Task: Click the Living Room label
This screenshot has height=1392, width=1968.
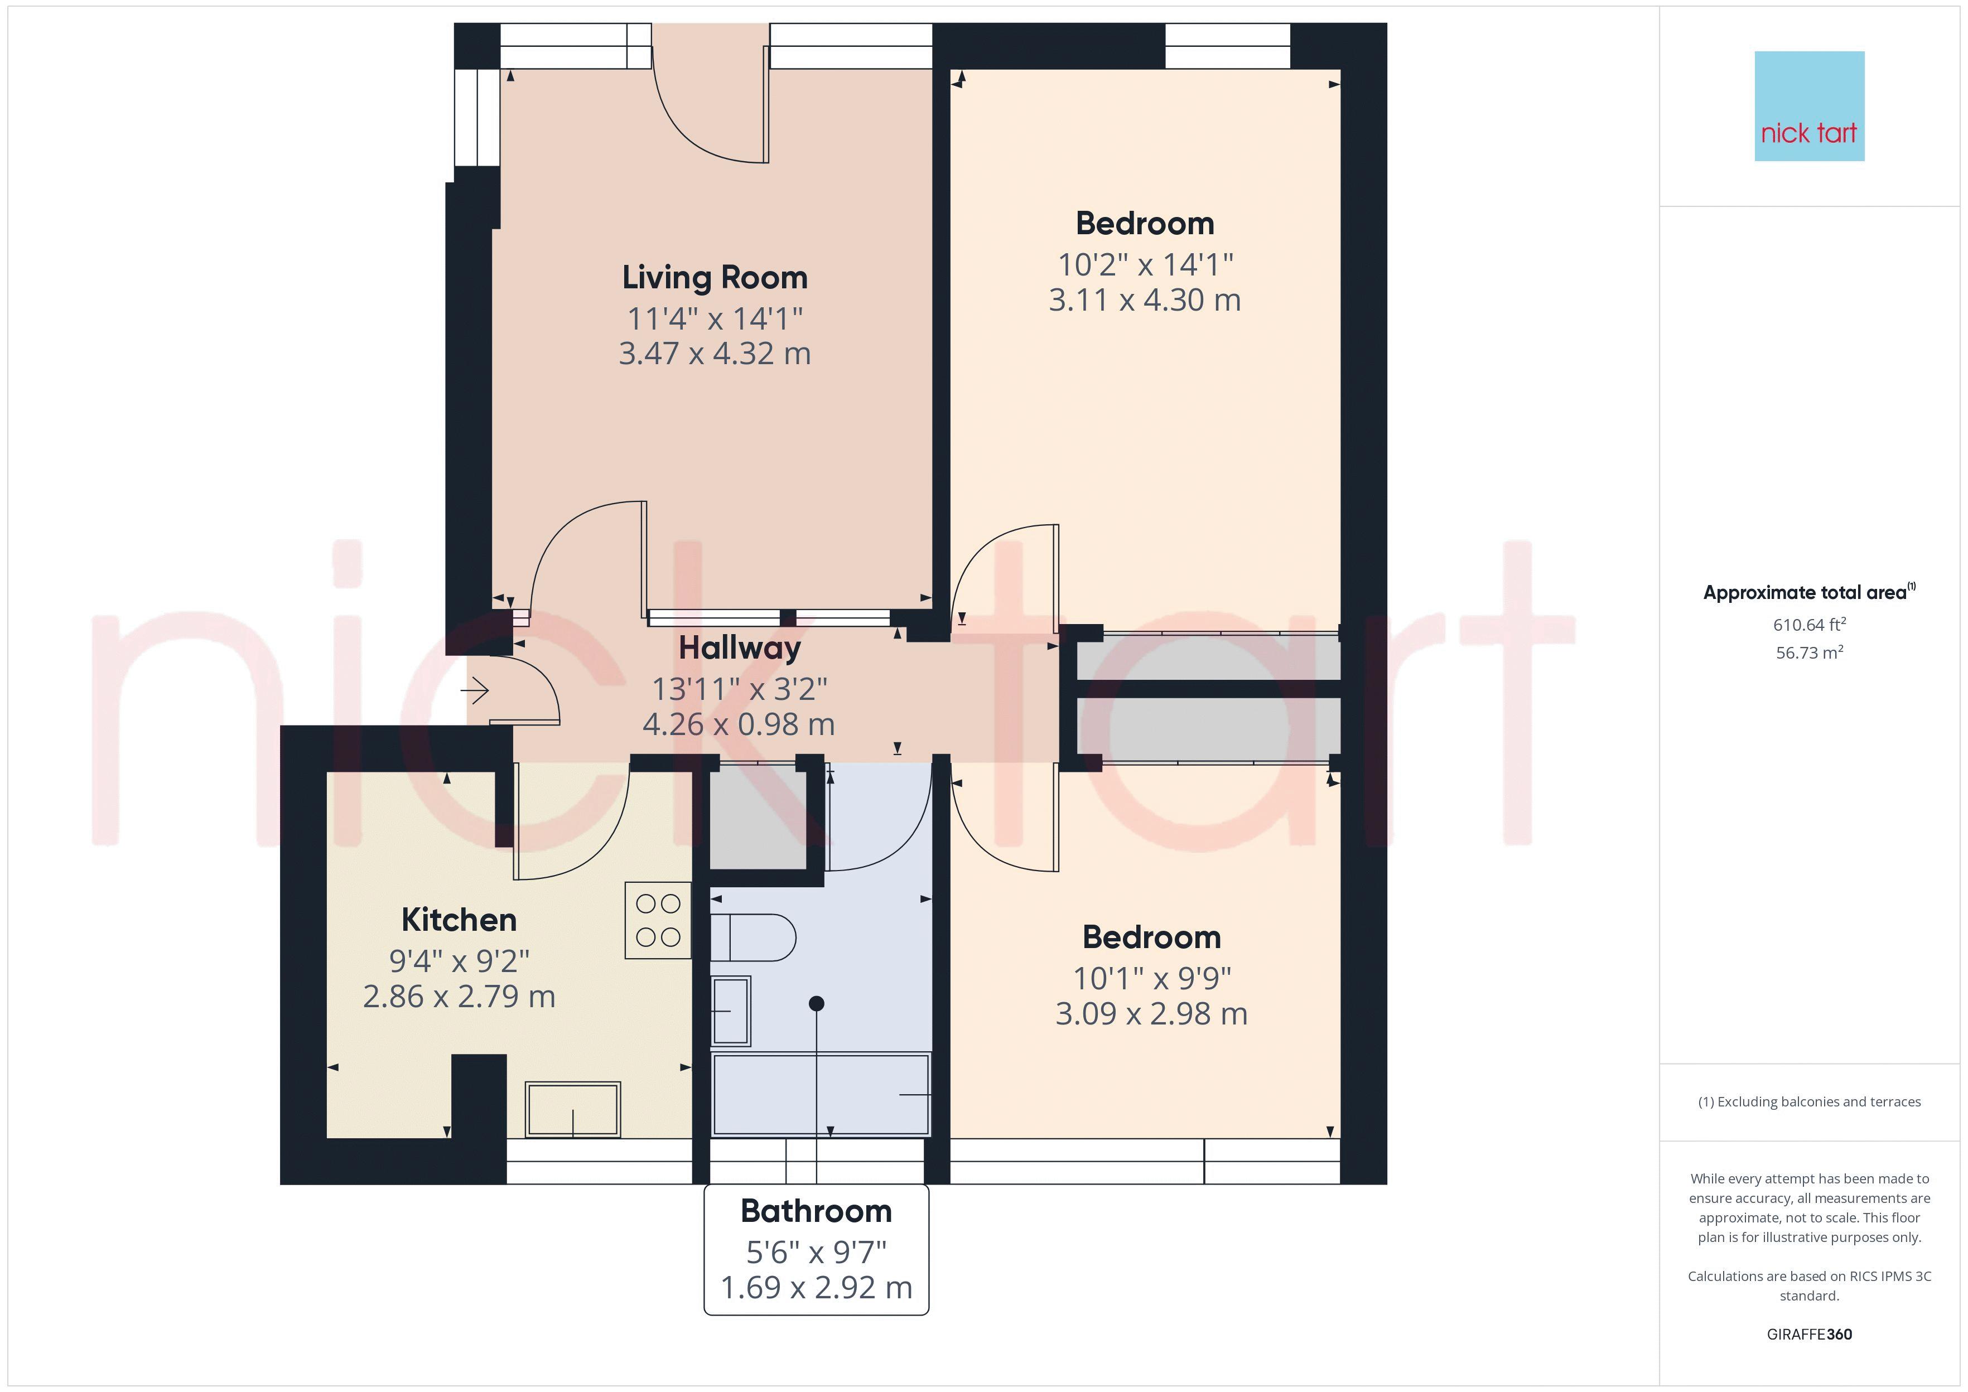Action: (x=715, y=278)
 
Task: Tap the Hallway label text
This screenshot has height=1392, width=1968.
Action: (x=740, y=648)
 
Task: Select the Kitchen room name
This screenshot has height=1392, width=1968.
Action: (x=460, y=920)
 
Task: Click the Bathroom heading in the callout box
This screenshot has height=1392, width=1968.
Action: (x=816, y=1211)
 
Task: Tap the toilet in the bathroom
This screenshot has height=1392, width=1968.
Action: (x=753, y=937)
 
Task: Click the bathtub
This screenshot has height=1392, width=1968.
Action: (x=821, y=1095)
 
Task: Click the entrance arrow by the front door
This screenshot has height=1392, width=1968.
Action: (x=475, y=689)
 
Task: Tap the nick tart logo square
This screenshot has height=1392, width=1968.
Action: (x=1810, y=107)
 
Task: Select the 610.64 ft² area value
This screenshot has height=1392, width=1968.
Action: (x=1810, y=624)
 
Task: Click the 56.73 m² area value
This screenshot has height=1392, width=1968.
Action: (x=1810, y=652)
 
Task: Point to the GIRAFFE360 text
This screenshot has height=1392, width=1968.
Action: (x=1810, y=1335)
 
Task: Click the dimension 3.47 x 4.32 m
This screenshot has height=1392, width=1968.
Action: (x=715, y=353)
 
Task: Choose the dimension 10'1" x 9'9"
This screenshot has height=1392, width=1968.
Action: (x=1152, y=978)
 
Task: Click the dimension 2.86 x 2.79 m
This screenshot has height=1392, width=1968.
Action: (x=460, y=996)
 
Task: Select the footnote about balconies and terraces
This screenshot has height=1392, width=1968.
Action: (x=1810, y=1103)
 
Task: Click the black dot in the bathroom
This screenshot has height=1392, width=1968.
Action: (x=817, y=1003)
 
